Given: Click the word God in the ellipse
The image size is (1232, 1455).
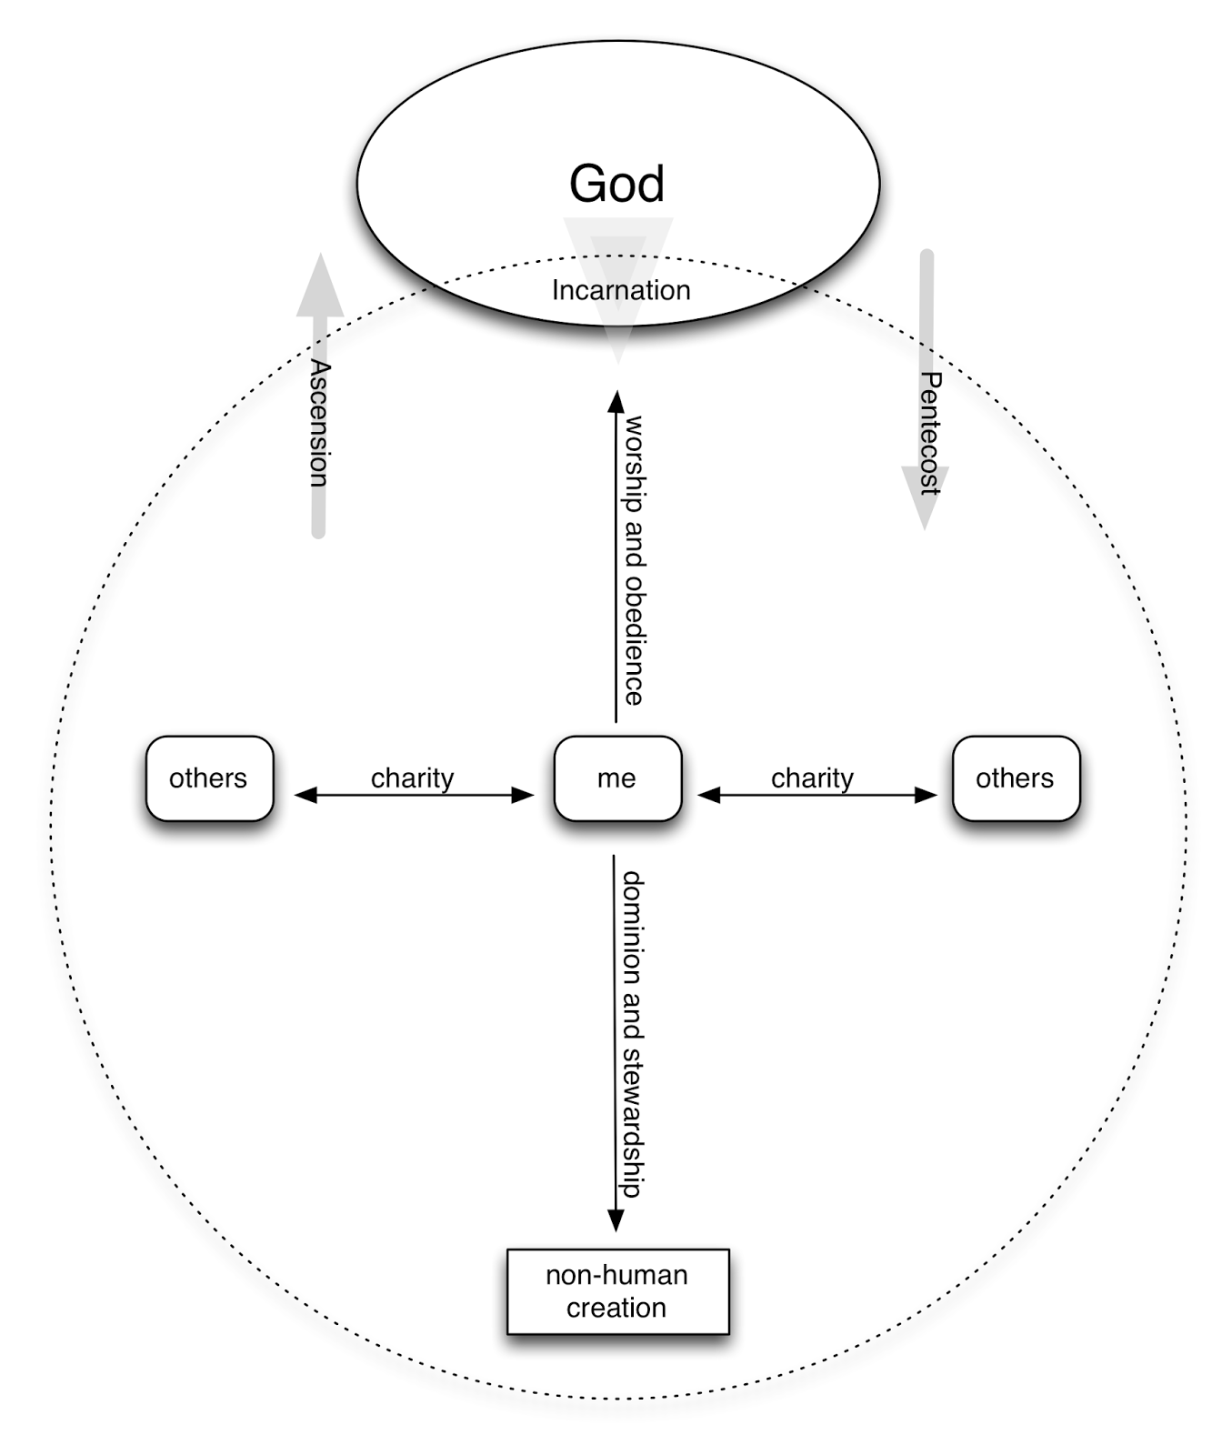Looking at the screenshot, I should pos(616,184).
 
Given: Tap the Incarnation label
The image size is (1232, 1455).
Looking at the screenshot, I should pos(621,290).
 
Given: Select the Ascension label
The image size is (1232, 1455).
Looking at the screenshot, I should pos(319,423).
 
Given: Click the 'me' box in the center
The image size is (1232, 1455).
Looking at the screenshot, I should pos(617,778).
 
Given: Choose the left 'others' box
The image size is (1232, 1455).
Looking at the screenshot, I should pos(209,778).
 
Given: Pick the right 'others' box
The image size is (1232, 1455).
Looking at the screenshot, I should pos(1016,778).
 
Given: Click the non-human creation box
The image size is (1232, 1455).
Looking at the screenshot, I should pos(617,1291).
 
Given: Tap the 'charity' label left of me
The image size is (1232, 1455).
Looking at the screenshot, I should pos(412,778).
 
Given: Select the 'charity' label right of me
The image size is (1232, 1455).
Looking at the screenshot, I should pos(812,778).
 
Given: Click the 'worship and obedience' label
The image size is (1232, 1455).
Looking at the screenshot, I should pos(635,559).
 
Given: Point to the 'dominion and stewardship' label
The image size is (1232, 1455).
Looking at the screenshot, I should pos(633,1034).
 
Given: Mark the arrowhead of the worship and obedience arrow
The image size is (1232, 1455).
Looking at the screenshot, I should pos(616,400).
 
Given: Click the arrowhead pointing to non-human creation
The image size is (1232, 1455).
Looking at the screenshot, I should pos(616,1221).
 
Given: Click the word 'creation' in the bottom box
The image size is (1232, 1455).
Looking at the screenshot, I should pos(616,1308).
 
